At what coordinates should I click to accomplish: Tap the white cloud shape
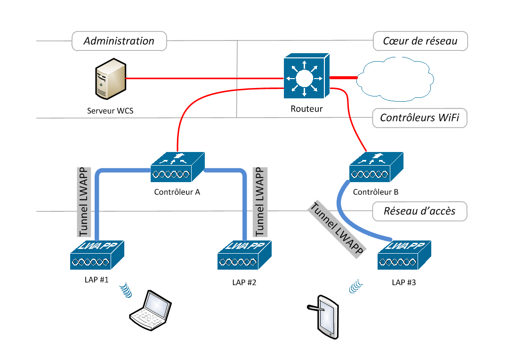[x=395, y=80]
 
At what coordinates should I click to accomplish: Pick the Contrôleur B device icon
[x=376, y=167]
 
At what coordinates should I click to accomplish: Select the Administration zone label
[x=119, y=41]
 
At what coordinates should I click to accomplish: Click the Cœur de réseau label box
[x=420, y=41]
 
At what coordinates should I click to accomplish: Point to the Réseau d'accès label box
[x=420, y=211]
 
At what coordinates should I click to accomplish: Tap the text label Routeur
[x=306, y=109]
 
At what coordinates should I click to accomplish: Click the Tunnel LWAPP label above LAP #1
[x=83, y=201]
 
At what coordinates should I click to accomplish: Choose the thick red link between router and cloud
[x=343, y=77]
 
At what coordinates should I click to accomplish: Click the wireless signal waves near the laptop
[x=125, y=290]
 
